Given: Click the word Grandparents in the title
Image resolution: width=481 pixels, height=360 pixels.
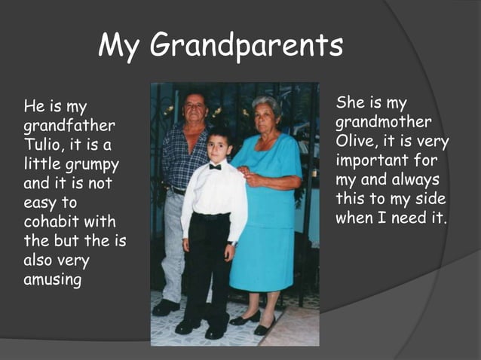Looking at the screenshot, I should (247, 47).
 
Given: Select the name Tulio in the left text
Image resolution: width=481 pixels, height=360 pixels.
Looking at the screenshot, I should (44, 145).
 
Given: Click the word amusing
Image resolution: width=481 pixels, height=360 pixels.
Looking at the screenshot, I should (52, 281).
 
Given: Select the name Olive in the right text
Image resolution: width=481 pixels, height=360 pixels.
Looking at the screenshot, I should (353, 141).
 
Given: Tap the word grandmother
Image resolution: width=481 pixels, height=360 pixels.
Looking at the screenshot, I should (384, 122).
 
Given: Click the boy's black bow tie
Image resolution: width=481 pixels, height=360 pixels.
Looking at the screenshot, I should (215, 166).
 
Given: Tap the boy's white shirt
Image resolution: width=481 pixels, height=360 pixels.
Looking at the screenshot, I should (215, 192).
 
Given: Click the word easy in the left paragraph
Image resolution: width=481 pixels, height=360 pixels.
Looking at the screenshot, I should (40, 203).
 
